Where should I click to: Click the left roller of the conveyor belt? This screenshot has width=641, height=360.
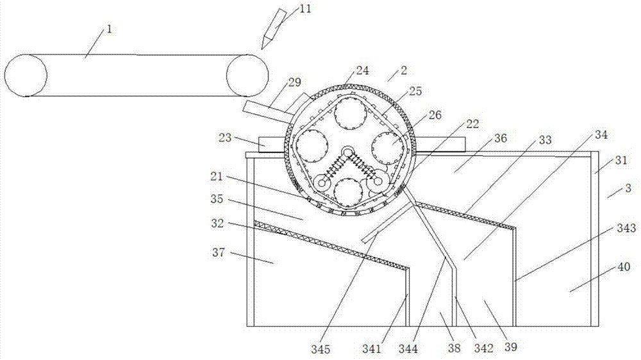[x=26, y=76]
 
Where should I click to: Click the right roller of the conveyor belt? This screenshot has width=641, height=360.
[x=246, y=76]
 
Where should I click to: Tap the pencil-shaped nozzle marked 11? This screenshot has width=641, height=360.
[x=272, y=28]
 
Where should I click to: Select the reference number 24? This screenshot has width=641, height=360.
[x=362, y=71]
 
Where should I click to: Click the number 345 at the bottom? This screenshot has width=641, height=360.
[x=321, y=349]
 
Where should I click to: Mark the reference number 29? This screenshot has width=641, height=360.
[x=295, y=83]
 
